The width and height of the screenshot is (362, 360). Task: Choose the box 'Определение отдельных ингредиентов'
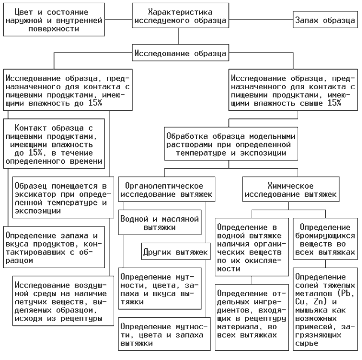(252, 312)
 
